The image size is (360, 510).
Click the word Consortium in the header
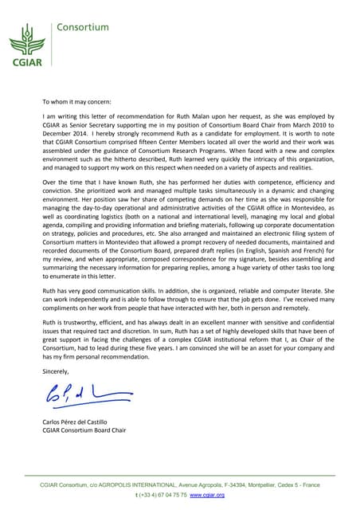[82, 26]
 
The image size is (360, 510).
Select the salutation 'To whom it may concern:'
[77, 102]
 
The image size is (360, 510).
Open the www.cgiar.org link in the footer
[207, 495]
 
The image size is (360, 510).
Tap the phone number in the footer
[162, 495]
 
